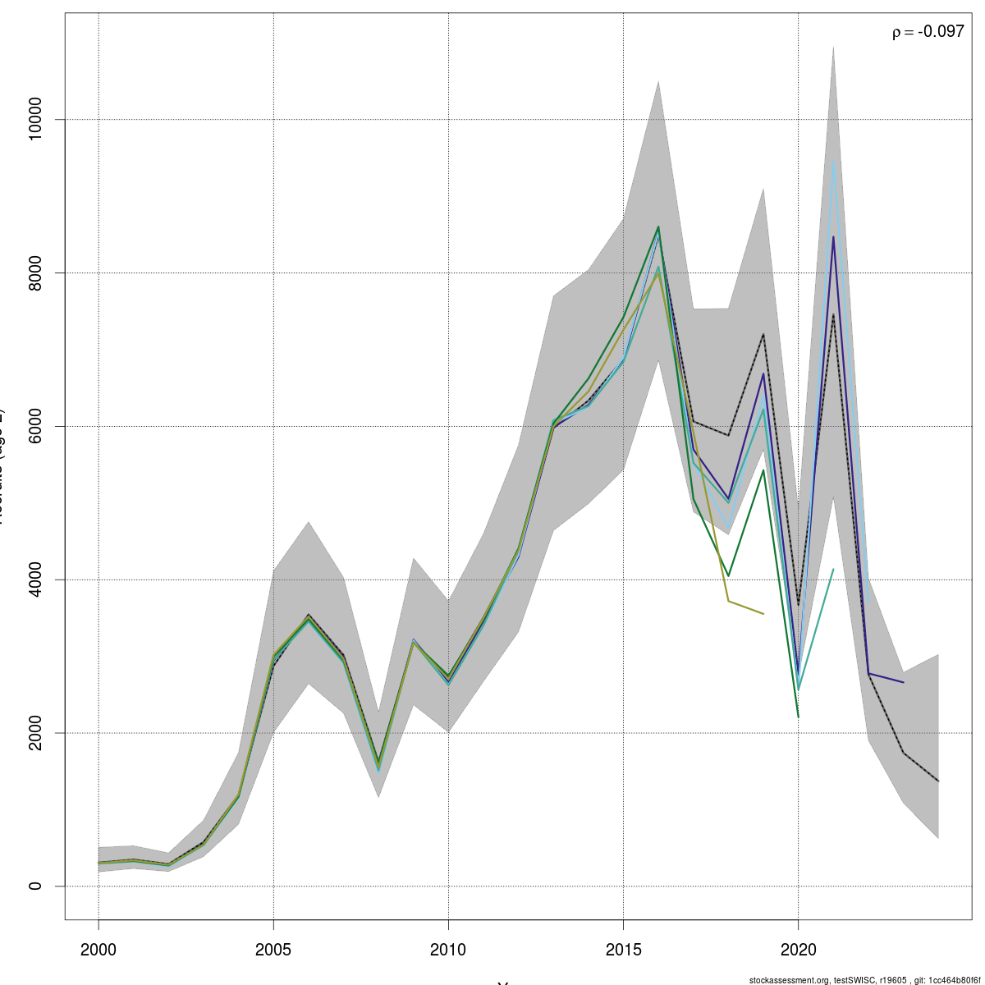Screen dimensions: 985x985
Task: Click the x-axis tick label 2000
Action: [98, 950]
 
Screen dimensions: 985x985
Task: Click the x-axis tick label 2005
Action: [273, 950]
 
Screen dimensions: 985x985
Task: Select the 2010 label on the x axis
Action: [448, 950]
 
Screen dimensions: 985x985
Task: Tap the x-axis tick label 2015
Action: [623, 950]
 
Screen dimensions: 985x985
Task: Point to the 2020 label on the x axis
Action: [798, 950]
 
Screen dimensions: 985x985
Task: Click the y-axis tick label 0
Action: [34, 886]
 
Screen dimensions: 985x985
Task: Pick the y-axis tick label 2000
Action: [34, 733]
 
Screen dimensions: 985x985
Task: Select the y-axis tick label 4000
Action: [34, 580]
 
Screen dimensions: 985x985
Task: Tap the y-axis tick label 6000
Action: [34, 426]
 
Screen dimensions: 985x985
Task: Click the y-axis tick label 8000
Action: [34, 273]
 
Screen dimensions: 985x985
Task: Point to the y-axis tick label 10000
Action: [34, 119]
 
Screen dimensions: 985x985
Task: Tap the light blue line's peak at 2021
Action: [833, 161]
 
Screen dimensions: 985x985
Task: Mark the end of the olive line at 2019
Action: [763, 614]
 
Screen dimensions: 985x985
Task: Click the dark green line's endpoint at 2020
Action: [798, 717]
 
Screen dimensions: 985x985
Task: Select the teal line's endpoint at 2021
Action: [833, 569]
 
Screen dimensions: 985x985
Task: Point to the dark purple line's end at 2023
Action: [903, 682]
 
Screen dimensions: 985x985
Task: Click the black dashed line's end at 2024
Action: [938, 781]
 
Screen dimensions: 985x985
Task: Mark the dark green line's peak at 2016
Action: [658, 227]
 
